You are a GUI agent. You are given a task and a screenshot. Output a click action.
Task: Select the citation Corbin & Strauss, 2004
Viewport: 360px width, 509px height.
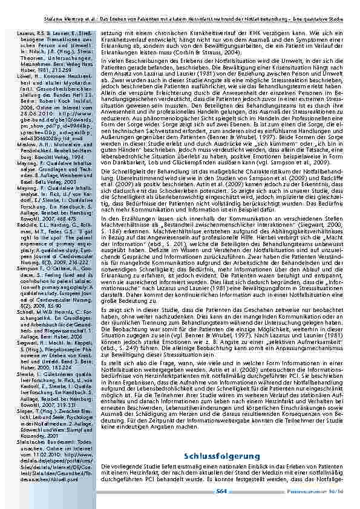pos(208,54)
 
